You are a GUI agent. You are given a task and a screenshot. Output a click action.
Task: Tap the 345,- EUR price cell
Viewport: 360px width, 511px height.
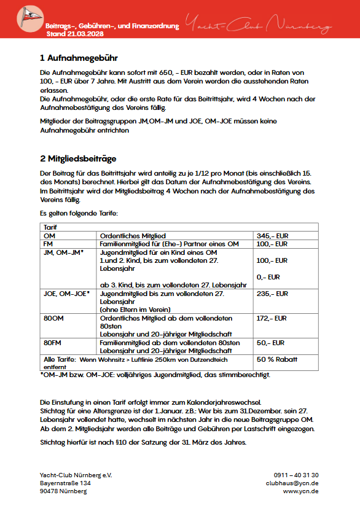[x=272, y=235]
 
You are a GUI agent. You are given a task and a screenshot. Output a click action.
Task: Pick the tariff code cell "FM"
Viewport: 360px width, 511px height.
[x=49, y=244]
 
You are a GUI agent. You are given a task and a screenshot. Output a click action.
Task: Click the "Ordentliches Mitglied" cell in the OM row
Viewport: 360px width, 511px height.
[x=131, y=235]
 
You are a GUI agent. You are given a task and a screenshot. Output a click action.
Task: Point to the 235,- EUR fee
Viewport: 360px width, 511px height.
[x=272, y=294]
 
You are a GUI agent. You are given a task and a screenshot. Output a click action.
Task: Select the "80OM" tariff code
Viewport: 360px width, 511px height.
[x=53, y=318]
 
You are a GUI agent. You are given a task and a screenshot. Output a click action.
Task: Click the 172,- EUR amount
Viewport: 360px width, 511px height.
[x=272, y=318]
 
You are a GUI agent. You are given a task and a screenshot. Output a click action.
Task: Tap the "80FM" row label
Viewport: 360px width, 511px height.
[x=53, y=342]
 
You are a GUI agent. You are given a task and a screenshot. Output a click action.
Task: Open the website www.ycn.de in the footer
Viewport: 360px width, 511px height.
[x=300, y=491]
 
